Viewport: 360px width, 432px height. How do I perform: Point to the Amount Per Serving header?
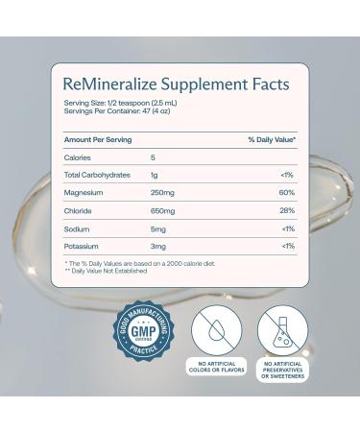[x=98, y=140]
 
